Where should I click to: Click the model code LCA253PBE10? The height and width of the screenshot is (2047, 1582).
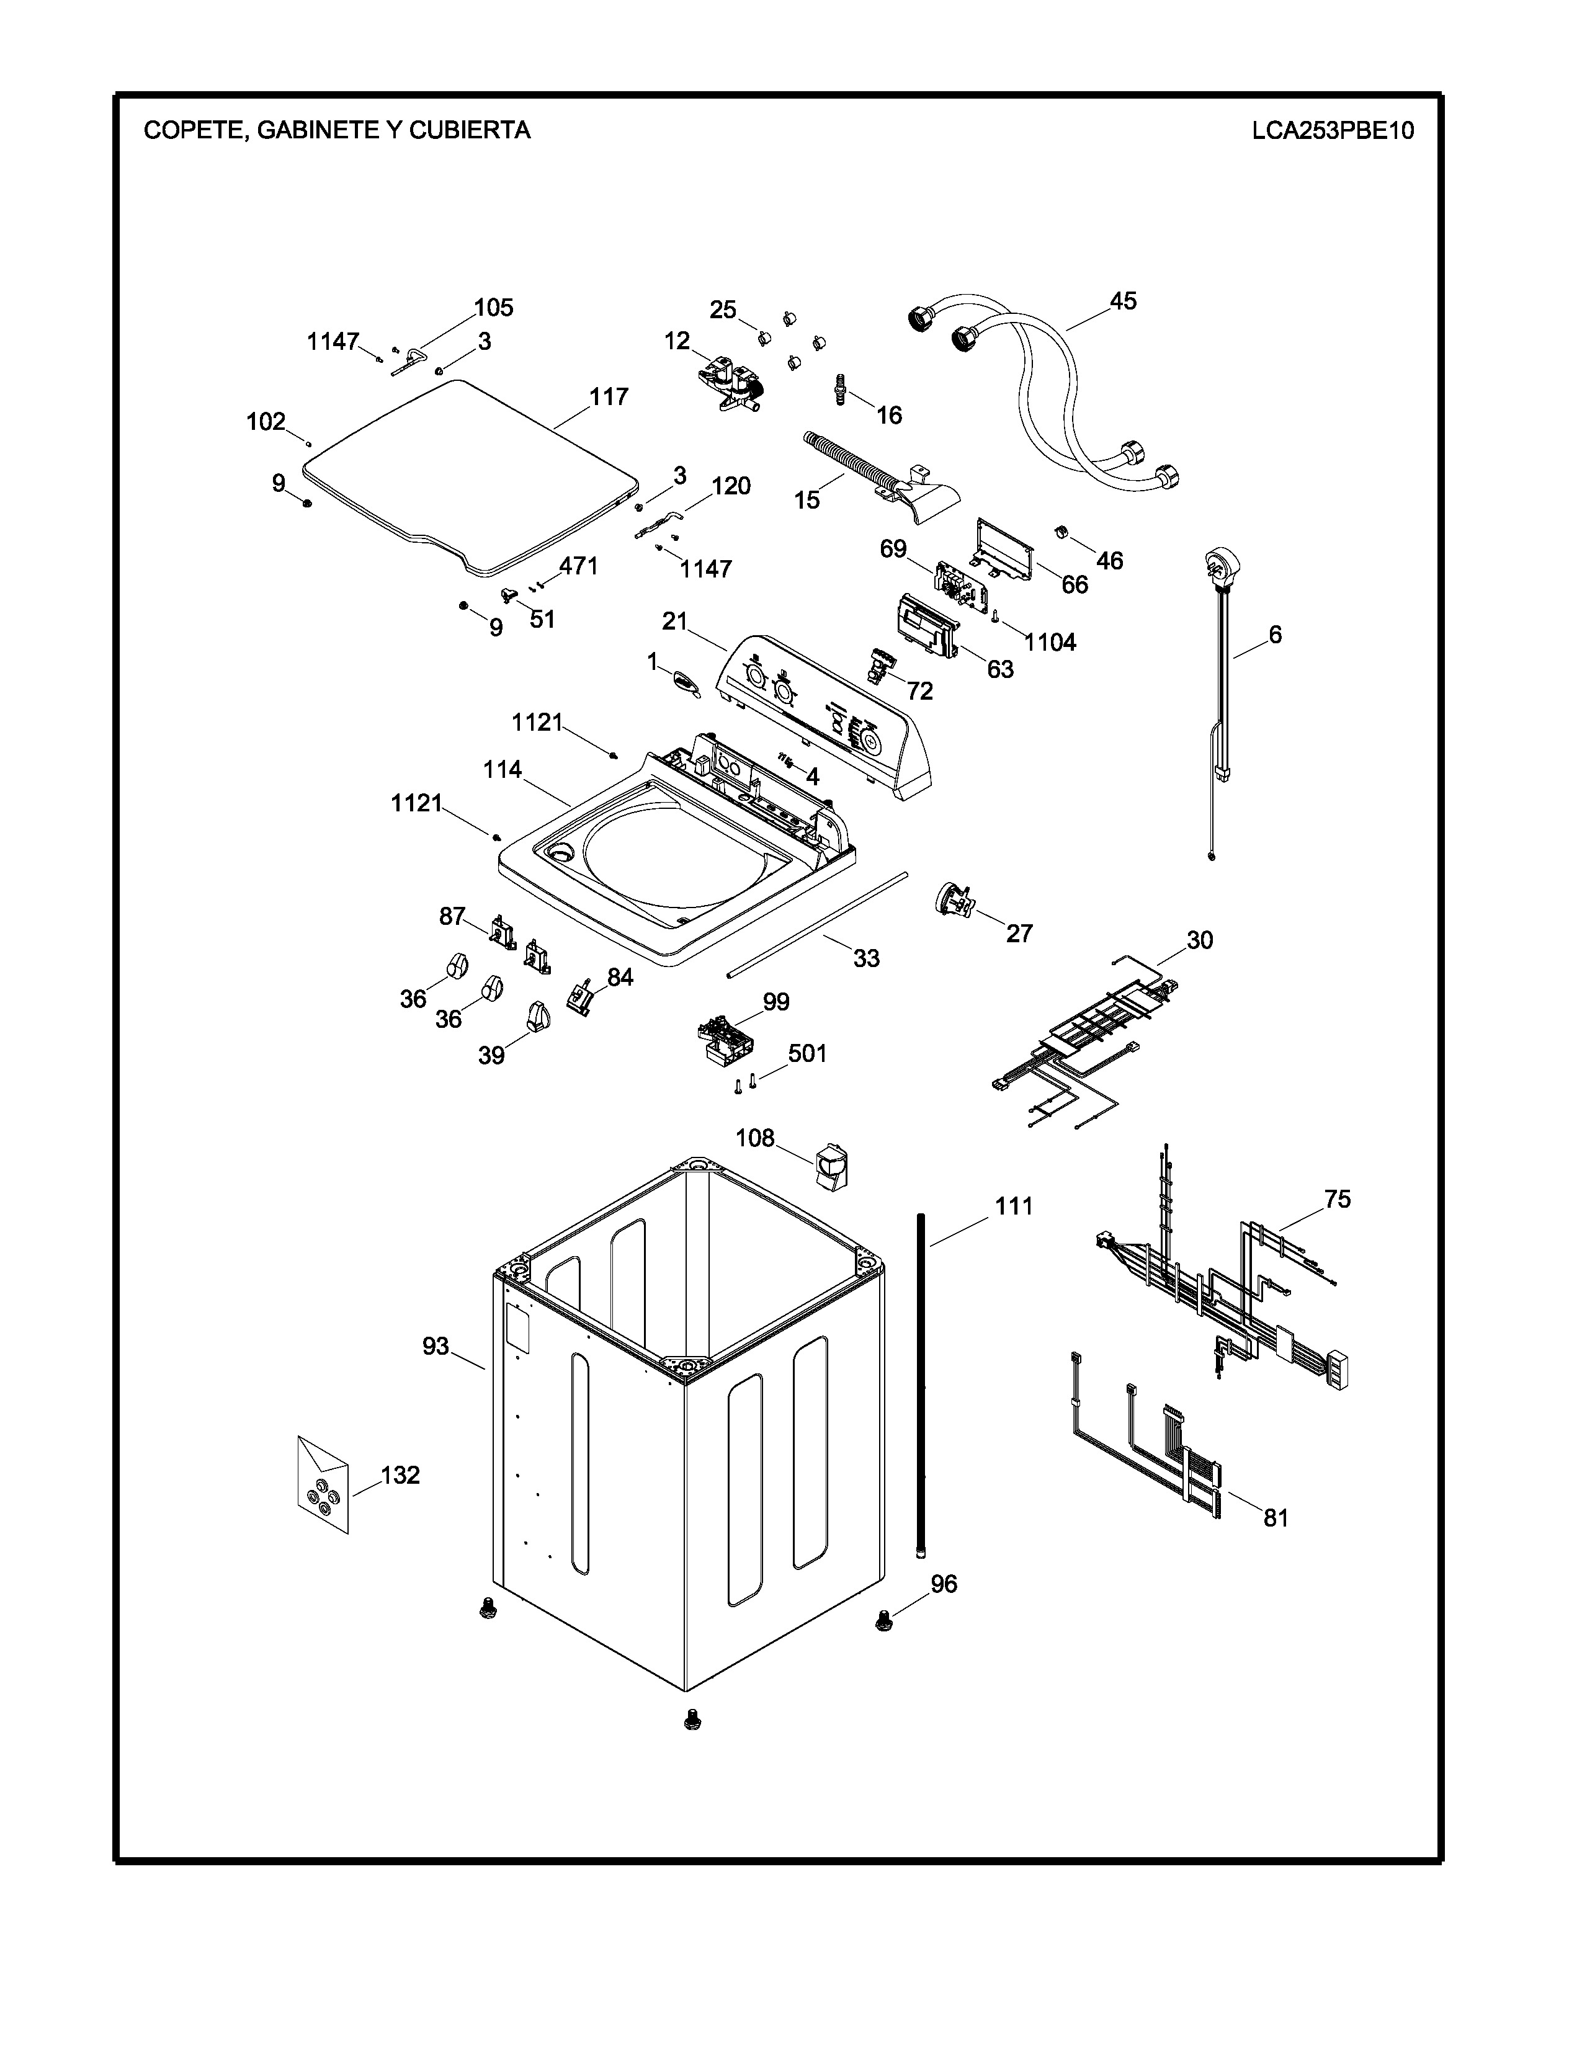(x=1332, y=130)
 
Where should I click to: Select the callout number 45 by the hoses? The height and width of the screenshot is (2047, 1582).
(x=1123, y=301)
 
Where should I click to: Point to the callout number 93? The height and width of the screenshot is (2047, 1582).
(x=436, y=1346)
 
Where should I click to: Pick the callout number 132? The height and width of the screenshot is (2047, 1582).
(x=400, y=1474)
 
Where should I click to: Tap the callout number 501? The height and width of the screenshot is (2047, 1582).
(x=807, y=1053)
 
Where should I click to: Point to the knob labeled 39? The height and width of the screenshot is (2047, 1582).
(x=538, y=1016)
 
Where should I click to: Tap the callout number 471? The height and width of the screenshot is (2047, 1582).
(x=578, y=566)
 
